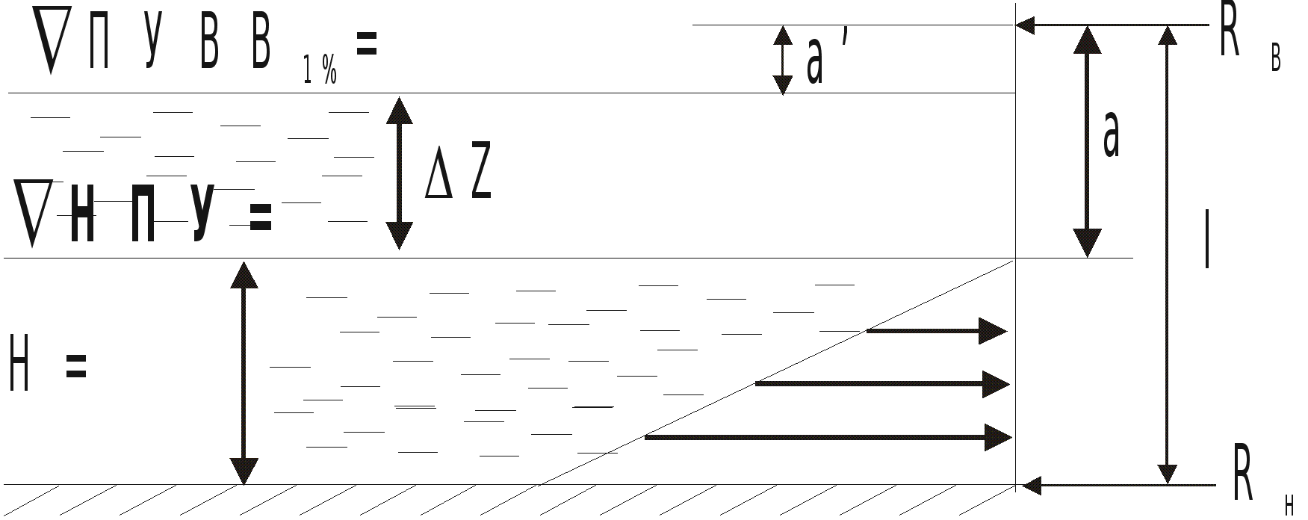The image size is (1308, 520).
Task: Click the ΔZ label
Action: [458, 176]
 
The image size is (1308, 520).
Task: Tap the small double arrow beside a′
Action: [782, 60]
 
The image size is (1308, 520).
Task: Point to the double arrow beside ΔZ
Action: [399, 173]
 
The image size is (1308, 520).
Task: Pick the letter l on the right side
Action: [1207, 238]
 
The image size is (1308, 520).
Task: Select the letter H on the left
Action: [19, 364]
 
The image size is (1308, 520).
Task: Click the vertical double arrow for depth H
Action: [244, 373]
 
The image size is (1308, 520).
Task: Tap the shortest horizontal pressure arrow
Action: [937, 330]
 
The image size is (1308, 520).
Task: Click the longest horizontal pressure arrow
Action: [828, 437]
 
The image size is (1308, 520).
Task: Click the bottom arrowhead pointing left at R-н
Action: [1032, 486]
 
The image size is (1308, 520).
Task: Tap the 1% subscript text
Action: [320, 71]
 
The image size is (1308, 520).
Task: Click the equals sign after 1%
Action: [366, 46]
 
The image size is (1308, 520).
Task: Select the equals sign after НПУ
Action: [260, 218]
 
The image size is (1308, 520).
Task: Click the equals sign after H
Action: [77, 367]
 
